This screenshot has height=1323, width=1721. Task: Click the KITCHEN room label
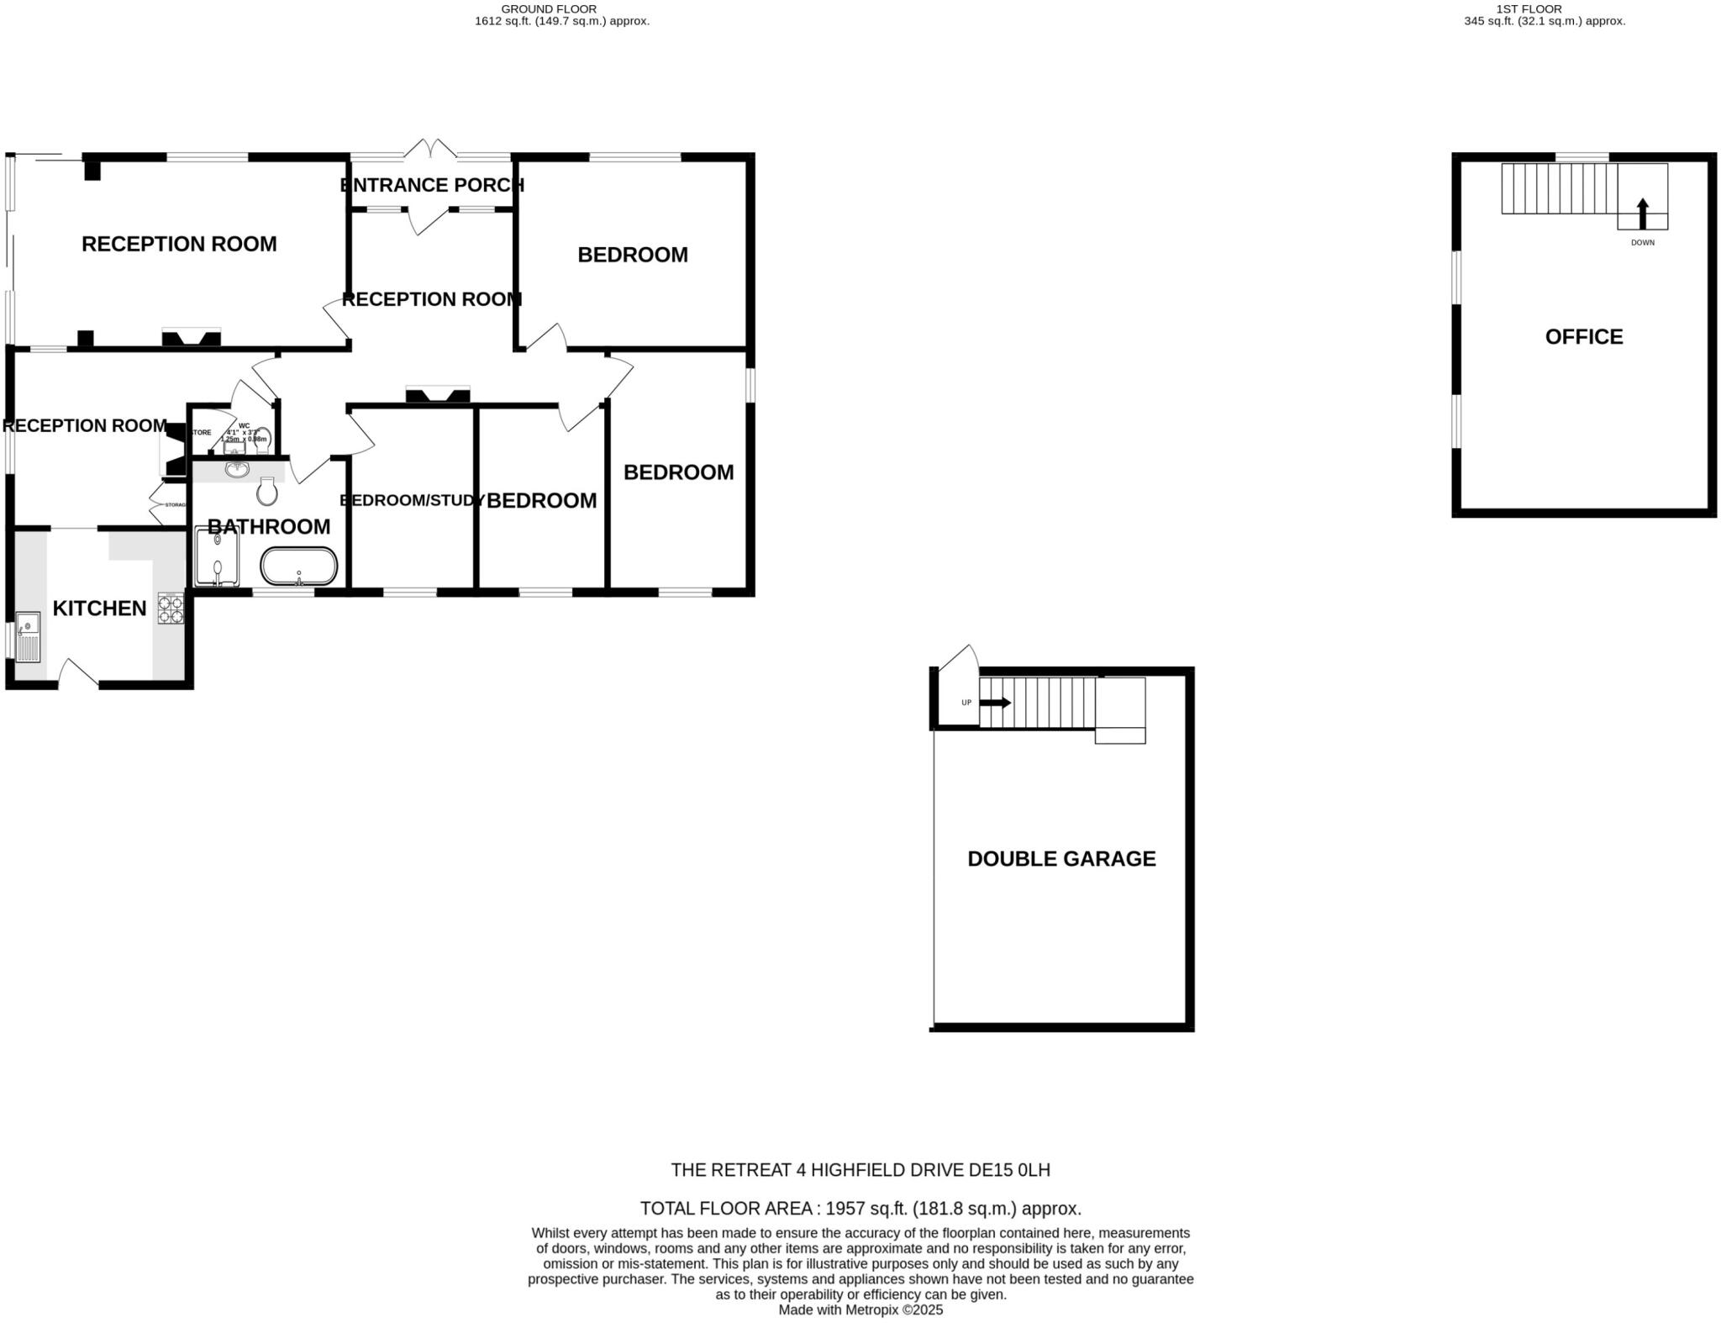pos(99,609)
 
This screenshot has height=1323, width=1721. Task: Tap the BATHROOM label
pos(269,527)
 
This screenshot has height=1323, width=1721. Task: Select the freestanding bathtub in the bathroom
pos(299,567)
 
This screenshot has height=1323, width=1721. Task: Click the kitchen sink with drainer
pos(28,637)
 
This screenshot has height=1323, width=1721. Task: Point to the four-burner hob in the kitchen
pos(171,609)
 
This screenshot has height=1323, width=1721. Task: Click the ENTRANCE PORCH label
pos(432,185)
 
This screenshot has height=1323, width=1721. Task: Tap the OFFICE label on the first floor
pos(1583,337)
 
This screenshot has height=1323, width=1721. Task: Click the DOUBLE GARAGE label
pos(1061,859)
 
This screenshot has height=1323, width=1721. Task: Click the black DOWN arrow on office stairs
pos(1643,213)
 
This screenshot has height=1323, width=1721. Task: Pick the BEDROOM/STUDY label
pos(411,501)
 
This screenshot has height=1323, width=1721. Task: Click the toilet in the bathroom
pos(267,491)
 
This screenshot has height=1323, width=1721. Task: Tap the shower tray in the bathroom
pos(217,556)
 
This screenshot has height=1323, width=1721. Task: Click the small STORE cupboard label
pos(202,433)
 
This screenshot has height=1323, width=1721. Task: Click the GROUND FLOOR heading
pos(549,9)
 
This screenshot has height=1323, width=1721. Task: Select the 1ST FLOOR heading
pos(1540,9)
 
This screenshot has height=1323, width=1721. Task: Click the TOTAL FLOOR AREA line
pos(860,1209)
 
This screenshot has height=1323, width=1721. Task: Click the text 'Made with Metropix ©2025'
pos(860,1310)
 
